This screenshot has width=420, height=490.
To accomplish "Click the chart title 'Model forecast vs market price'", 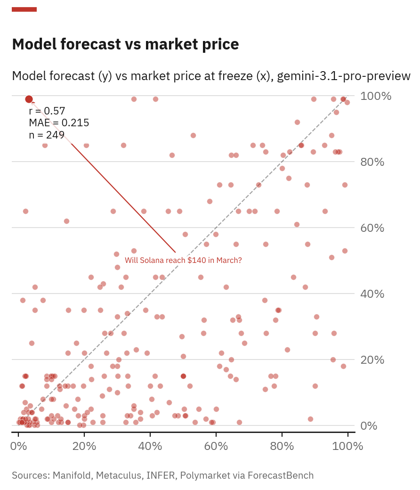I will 125,44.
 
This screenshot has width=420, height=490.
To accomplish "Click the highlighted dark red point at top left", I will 29,99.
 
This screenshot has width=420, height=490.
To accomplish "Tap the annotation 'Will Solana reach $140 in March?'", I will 183,260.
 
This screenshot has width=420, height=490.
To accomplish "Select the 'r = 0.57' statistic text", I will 47,111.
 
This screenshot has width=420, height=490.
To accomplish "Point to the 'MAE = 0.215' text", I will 59,123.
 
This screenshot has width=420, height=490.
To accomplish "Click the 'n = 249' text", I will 47,135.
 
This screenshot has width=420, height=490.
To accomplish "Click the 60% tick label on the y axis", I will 375,228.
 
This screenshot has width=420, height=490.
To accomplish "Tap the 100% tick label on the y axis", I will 375,96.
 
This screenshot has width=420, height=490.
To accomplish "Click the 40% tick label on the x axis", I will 150,447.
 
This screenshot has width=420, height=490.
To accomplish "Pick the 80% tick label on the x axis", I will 282,447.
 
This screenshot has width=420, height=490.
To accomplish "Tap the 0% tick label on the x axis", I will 18,447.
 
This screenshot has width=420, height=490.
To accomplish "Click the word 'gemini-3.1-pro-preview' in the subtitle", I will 344,76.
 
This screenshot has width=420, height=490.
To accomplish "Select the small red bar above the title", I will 24,9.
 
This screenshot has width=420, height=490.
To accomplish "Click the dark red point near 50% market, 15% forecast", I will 183,376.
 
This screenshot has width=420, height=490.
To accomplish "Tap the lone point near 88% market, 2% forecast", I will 310,419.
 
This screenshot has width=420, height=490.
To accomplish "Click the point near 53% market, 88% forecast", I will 193,135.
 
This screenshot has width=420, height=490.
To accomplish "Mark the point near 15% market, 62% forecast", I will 66,221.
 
